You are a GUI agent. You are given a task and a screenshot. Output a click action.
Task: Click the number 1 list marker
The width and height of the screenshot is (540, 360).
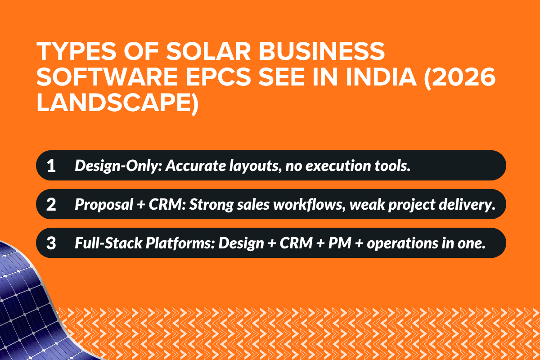(51, 166)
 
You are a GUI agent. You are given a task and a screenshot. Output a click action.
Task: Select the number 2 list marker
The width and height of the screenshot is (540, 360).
(51, 204)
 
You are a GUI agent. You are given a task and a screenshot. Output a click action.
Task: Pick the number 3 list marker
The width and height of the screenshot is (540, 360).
(51, 243)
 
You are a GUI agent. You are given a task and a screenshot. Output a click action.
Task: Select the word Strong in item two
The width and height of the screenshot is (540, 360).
(204, 204)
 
